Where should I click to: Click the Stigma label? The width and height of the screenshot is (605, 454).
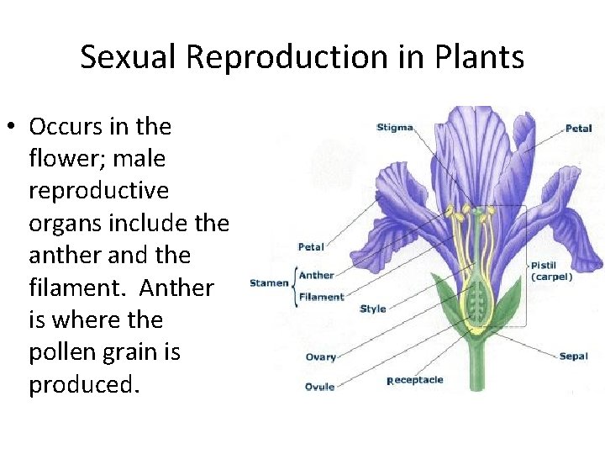tap(394, 128)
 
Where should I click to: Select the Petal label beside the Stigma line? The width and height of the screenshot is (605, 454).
tap(578, 129)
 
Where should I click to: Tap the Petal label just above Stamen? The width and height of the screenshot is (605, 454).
tap(311, 247)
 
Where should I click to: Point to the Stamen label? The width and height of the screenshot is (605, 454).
tap(269, 283)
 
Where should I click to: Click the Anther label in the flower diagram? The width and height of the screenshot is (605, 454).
tap(317, 275)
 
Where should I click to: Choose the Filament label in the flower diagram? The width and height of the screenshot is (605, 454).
tap(322, 297)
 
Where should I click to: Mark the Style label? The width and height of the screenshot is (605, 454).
tap(372, 309)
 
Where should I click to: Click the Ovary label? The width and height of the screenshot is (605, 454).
tap(320, 357)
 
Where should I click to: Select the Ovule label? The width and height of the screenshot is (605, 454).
tap(319, 387)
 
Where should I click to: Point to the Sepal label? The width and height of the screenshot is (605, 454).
tap(573, 356)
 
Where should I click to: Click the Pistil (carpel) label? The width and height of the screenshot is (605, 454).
tap(551, 271)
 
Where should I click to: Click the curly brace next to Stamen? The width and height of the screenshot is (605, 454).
tap(294, 284)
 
